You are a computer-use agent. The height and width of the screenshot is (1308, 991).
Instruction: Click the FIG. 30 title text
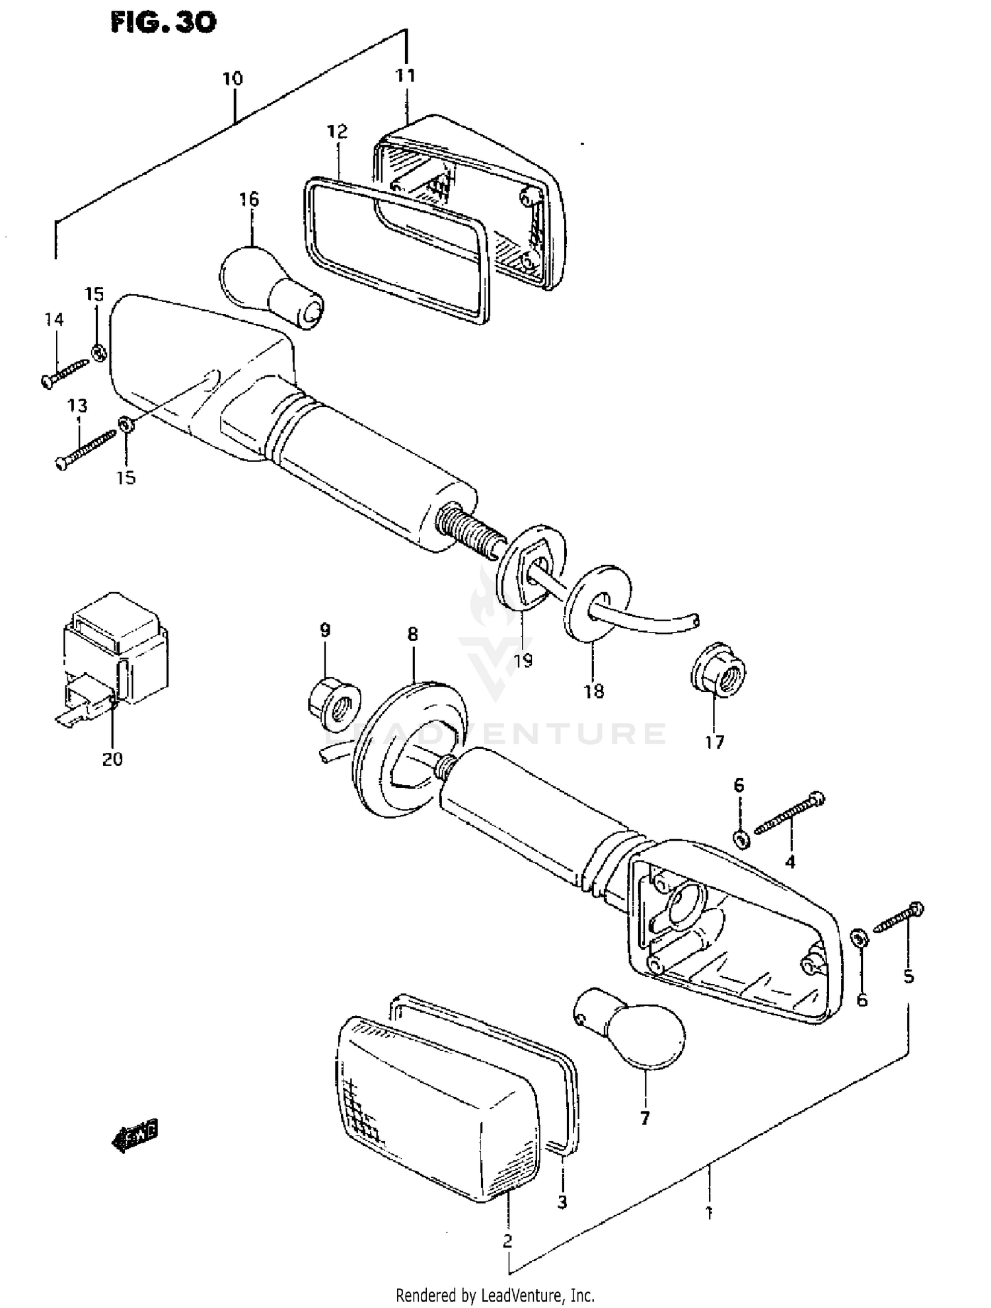(x=163, y=23)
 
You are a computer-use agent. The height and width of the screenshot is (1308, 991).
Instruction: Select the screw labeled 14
(x=65, y=374)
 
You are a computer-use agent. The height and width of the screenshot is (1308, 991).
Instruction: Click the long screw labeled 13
(x=85, y=448)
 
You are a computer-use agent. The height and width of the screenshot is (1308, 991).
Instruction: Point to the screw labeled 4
(x=789, y=814)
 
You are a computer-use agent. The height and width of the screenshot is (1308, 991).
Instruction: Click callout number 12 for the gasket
(x=337, y=131)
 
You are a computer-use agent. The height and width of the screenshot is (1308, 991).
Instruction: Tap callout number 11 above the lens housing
(x=406, y=76)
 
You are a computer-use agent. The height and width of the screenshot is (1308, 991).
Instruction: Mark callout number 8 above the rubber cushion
(x=412, y=635)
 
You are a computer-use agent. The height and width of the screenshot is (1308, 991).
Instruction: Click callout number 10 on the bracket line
(x=233, y=79)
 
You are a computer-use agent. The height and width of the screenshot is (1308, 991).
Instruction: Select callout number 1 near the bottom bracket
(x=708, y=1213)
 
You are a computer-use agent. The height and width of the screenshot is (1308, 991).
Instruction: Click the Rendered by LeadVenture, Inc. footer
(x=495, y=1295)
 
